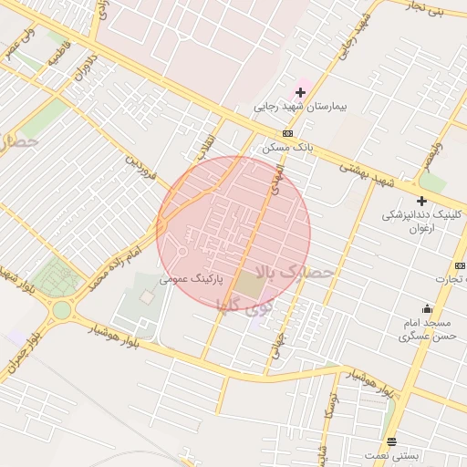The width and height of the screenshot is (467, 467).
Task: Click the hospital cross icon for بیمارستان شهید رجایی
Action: pyautogui.click(x=300, y=93)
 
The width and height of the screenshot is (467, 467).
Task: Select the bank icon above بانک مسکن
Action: pyautogui.click(x=287, y=134)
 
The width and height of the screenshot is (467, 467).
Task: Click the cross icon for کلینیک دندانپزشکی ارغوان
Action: pyautogui.click(x=421, y=201)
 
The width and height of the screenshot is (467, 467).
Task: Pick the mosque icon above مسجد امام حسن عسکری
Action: pyautogui.click(x=426, y=308)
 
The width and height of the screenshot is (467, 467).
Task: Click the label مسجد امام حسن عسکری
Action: pyautogui.click(x=424, y=330)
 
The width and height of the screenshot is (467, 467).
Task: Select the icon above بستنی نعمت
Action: pyautogui.click(x=391, y=440)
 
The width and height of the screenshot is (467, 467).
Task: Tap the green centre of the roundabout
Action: pyautogui.click(x=61, y=309)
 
